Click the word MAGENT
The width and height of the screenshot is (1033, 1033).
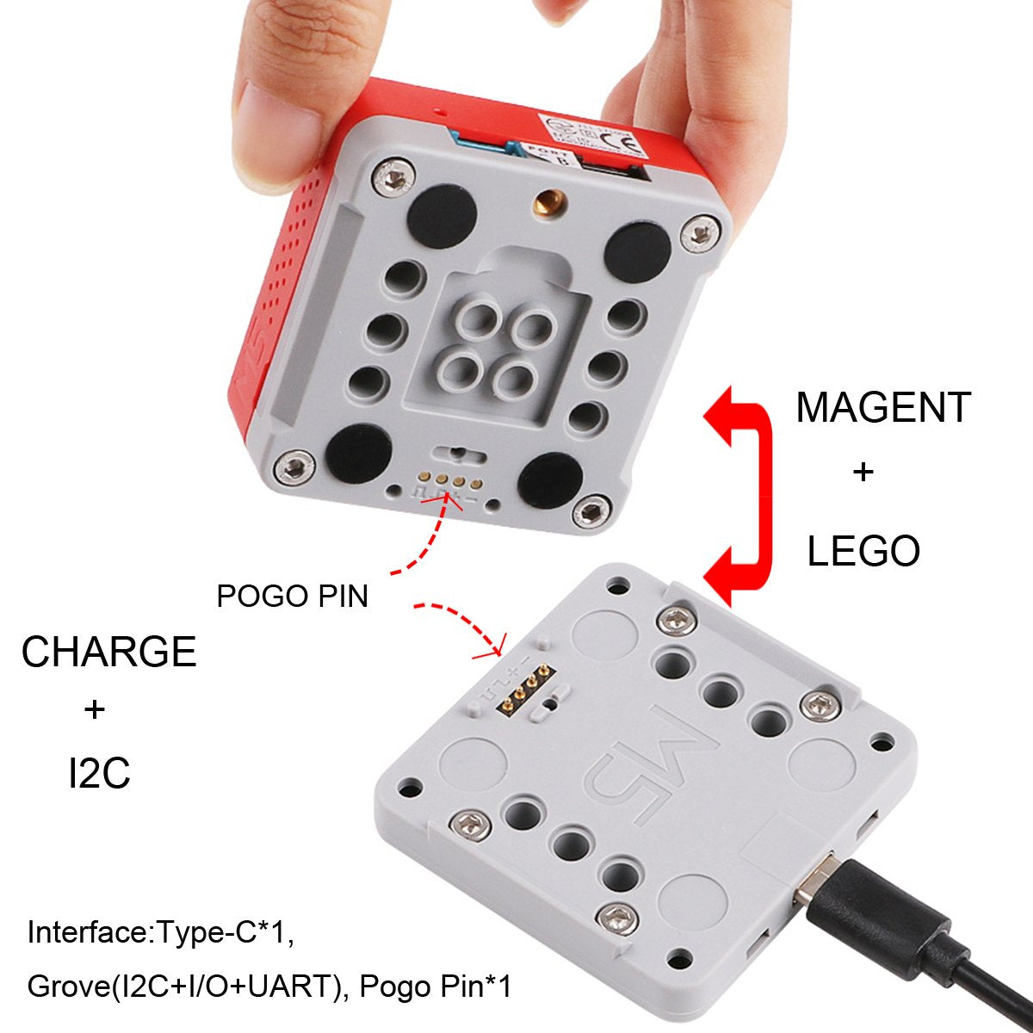(883, 407)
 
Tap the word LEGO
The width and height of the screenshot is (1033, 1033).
(863, 552)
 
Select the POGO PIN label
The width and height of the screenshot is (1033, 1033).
(292, 596)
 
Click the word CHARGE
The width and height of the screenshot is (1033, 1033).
(108, 652)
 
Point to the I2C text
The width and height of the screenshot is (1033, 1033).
(99, 773)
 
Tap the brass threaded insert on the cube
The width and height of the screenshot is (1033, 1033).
(545, 204)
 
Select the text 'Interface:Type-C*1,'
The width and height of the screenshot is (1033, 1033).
(161, 932)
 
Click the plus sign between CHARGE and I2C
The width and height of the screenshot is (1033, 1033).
(95, 710)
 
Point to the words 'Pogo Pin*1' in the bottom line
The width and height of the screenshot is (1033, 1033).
(436, 987)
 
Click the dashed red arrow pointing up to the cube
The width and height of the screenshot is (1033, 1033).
(422, 542)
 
